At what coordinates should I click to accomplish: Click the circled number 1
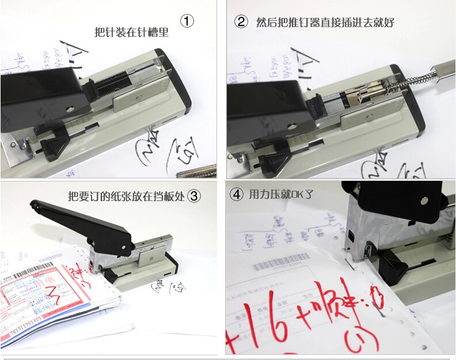point(187,22)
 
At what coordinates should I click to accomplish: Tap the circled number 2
point(241,22)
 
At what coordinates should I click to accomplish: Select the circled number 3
point(195,196)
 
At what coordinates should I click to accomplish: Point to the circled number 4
point(236,194)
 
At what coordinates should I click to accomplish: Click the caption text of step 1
point(131,32)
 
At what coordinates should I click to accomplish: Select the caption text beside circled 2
point(325,22)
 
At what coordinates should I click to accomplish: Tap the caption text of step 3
point(126,196)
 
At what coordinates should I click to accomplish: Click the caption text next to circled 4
point(281,194)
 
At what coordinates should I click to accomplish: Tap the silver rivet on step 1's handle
point(69,108)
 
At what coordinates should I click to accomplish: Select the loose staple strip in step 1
point(196,170)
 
